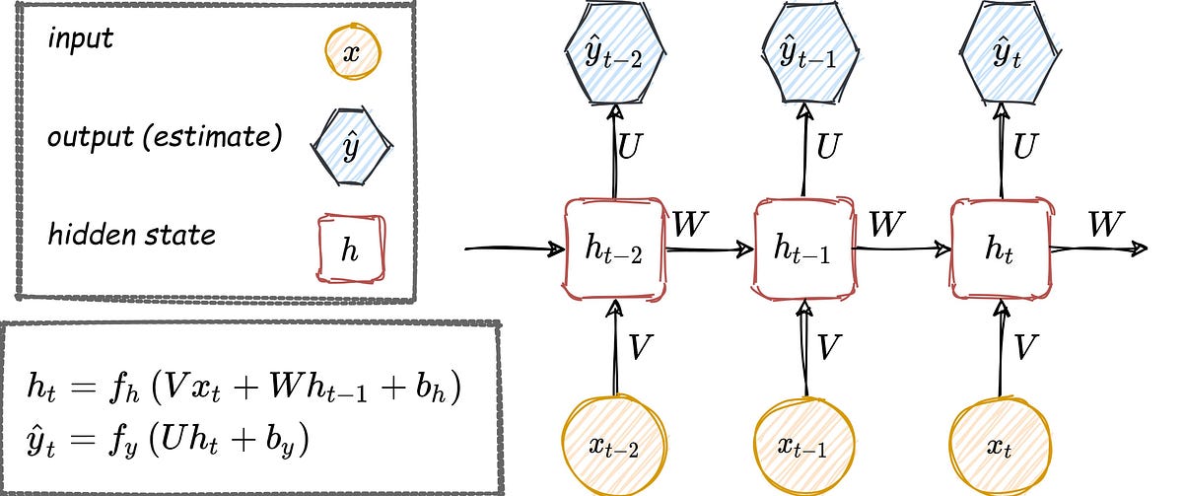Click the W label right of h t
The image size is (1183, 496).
(x=1105, y=224)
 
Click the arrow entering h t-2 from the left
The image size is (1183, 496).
(x=513, y=248)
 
